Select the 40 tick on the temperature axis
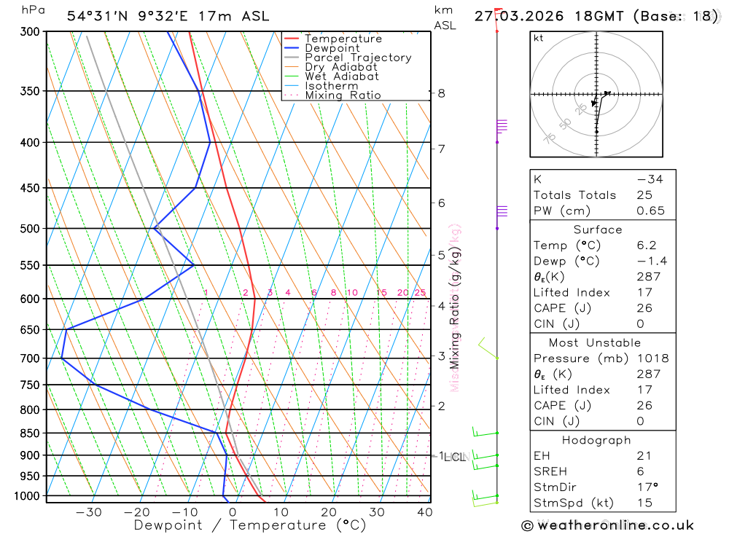tap(424, 512)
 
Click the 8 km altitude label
tap(441, 93)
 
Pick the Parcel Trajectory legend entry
tap(358, 58)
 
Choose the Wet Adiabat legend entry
tap(341, 76)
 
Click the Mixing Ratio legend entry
tap(343, 95)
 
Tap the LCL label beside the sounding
tap(454, 458)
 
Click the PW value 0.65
tap(650, 211)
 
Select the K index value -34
tap(650, 179)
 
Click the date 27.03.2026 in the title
tap(523, 16)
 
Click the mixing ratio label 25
tap(420, 293)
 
